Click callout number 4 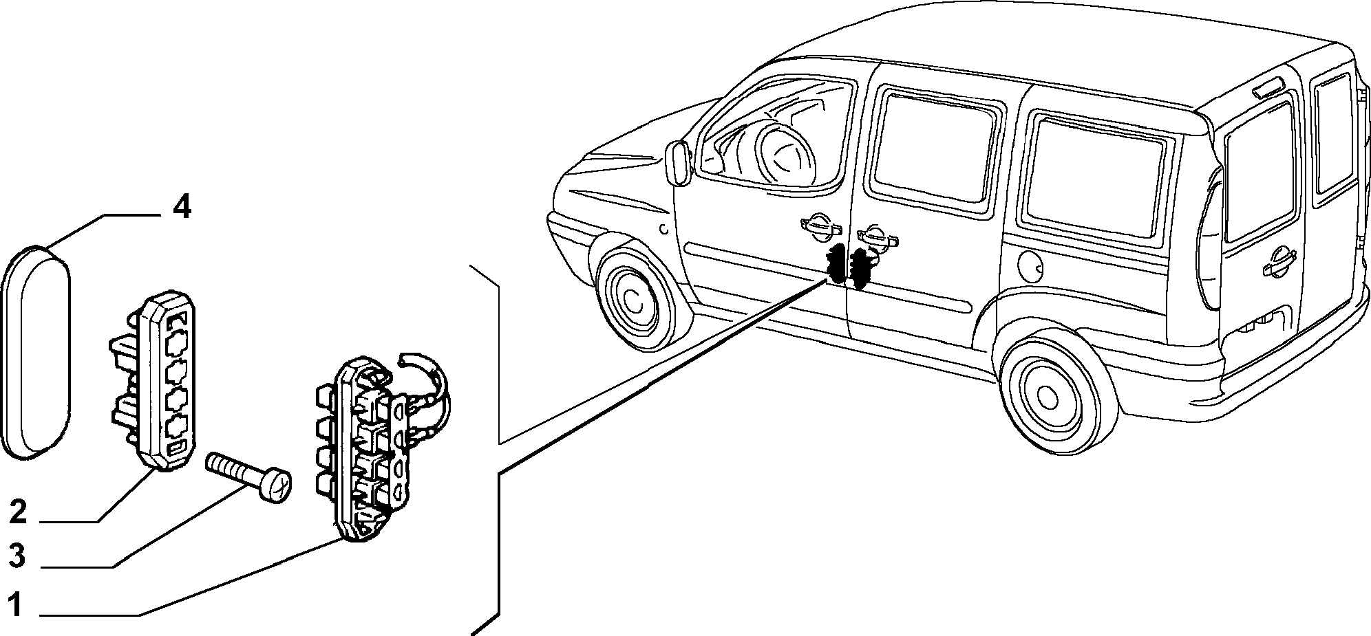(181, 207)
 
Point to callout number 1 (16, 606)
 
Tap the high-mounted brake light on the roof (1268, 87)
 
